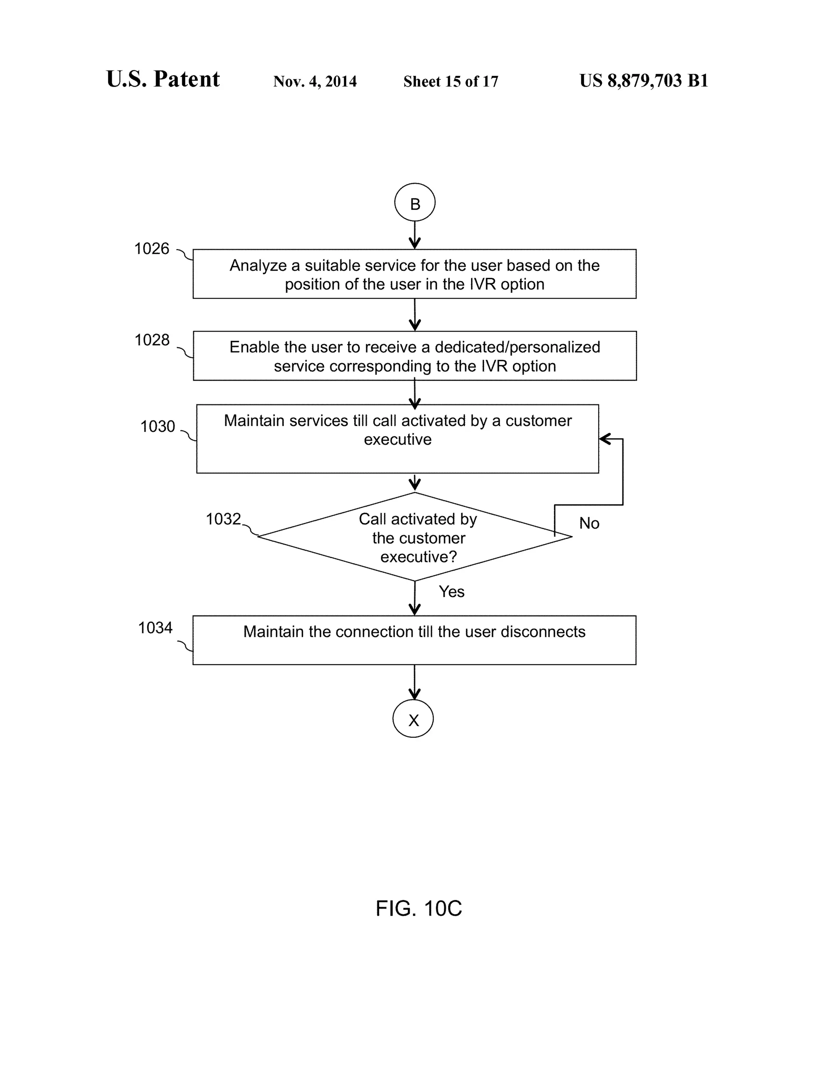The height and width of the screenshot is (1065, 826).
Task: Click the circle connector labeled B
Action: (415, 203)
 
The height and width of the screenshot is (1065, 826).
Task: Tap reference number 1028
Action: (152, 340)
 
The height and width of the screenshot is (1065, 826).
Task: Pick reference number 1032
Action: (223, 519)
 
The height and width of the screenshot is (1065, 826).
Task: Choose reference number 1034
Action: (155, 628)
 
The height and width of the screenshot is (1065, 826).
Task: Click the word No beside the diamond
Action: (589, 523)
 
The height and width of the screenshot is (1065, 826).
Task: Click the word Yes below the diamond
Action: (452, 591)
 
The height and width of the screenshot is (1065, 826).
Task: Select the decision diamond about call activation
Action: (415, 537)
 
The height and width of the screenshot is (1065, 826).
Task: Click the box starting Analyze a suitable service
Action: (415, 274)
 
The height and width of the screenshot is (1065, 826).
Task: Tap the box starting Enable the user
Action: (415, 356)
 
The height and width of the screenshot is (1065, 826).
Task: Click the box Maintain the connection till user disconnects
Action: (415, 640)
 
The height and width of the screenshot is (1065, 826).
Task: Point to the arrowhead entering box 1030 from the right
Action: (604, 439)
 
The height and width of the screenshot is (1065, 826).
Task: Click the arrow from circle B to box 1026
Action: (415, 236)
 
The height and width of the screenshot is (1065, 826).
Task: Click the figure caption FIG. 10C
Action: (418, 908)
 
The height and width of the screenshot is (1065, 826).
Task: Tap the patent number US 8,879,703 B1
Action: (644, 81)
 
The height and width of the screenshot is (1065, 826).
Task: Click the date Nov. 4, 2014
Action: (315, 81)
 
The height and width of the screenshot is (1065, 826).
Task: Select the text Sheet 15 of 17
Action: (451, 81)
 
